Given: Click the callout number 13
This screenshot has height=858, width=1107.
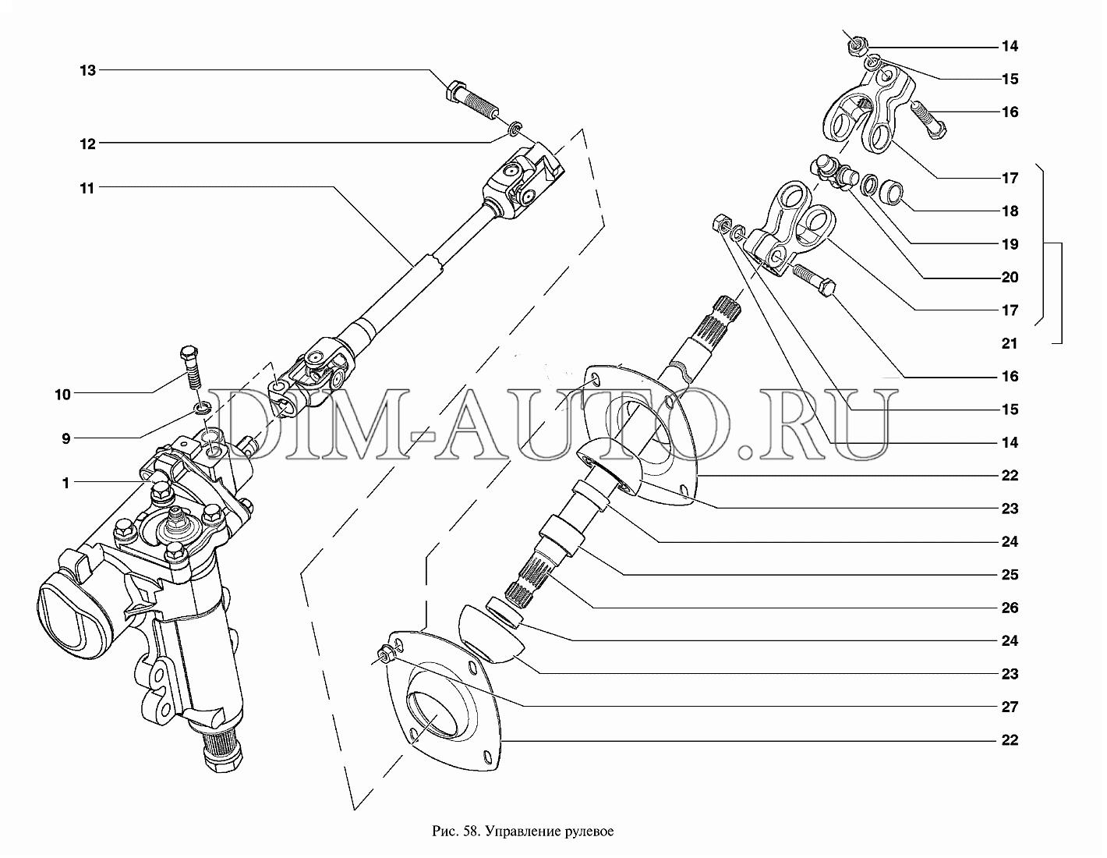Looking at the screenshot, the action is point(87,70).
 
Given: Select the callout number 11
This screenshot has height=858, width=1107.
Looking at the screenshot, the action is point(87,189).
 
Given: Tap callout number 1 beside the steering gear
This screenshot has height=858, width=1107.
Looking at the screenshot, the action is point(65,483).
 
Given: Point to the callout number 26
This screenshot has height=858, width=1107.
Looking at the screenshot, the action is point(1010,608).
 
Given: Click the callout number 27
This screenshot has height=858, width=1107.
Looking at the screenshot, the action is point(1010,707).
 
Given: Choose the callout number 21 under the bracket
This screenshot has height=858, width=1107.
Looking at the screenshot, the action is point(1010,343).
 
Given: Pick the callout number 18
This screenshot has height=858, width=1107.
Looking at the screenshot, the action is point(1010,211).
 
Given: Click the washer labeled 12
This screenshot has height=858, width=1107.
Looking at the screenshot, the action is point(515,129).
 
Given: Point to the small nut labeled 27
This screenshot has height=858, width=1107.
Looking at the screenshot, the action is point(386,654).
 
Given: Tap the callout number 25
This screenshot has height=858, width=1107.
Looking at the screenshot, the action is point(1010,574).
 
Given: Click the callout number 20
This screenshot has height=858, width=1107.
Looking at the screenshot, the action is point(1010,277).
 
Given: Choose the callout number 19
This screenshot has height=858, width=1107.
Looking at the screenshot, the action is point(1010,244).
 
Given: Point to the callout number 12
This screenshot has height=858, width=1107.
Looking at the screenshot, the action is point(87,144).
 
